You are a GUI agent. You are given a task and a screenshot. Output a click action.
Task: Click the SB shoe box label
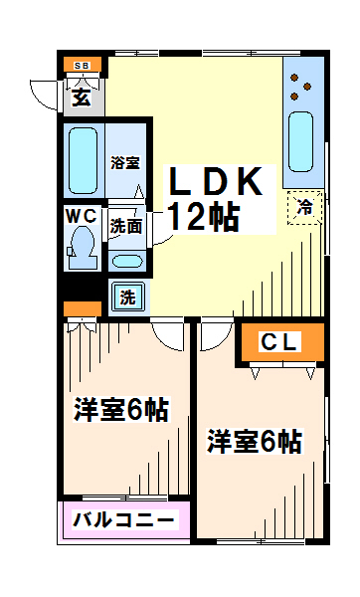click(x=82, y=66)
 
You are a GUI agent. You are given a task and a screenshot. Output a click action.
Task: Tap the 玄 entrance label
click(x=82, y=98)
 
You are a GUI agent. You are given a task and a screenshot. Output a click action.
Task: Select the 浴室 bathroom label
click(x=125, y=162)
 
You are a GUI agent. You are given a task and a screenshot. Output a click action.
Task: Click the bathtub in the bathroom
click(x=83, y=160)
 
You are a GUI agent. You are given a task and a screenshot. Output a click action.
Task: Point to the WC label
click(x=82, y=216)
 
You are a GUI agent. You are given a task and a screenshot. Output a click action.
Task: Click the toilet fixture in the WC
click(x=82, y=248)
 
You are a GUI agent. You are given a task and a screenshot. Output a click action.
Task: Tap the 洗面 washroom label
click(x=126, y=227)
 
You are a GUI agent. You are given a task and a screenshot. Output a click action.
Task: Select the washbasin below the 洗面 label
click(x=127, y=261)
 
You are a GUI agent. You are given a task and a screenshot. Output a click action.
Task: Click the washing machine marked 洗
click(x=128, y=297)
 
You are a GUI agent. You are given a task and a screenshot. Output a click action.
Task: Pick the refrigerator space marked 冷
click(x=305, y=208)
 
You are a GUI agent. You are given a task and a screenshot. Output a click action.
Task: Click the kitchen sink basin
click(x=300, y=141)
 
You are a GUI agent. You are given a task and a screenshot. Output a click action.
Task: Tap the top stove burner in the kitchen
click(x=294, y=78)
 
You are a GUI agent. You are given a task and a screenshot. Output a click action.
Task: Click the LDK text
click(x=216, y=181)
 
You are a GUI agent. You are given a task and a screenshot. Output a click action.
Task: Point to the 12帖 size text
click(x=204, y=217)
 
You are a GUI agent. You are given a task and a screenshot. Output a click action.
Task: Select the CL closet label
click(x=279, y=341)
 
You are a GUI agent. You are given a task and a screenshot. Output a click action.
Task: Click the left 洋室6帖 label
click(x=121, y=409)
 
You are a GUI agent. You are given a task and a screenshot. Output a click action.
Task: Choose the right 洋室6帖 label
click(x=255, y=441)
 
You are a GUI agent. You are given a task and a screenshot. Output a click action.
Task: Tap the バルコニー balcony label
click(x=123, y=519)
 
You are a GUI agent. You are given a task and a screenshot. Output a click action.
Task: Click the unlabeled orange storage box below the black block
click(x=83, y=308)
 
